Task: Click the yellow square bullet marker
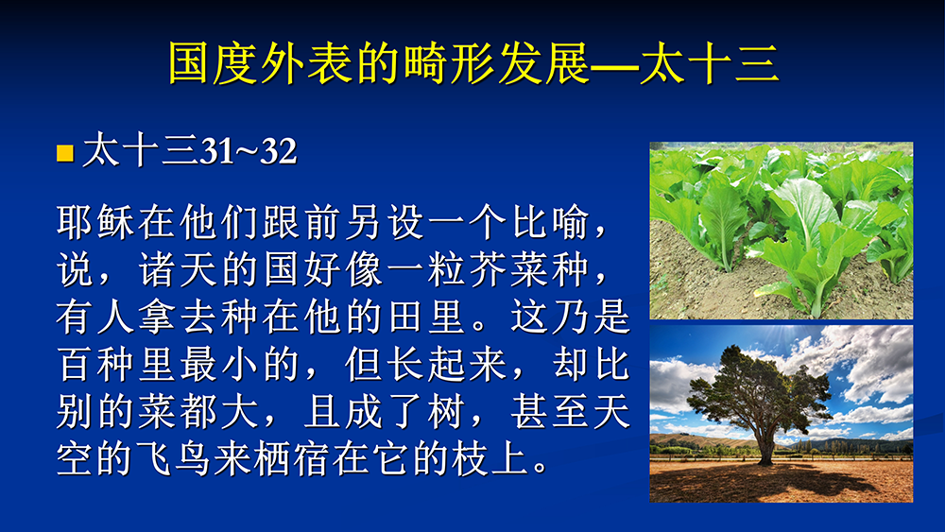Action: coord(65,153)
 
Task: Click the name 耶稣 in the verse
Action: coord(95,222)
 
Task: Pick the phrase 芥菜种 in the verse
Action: coord(529,269)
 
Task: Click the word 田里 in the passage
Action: coord(428,317)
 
